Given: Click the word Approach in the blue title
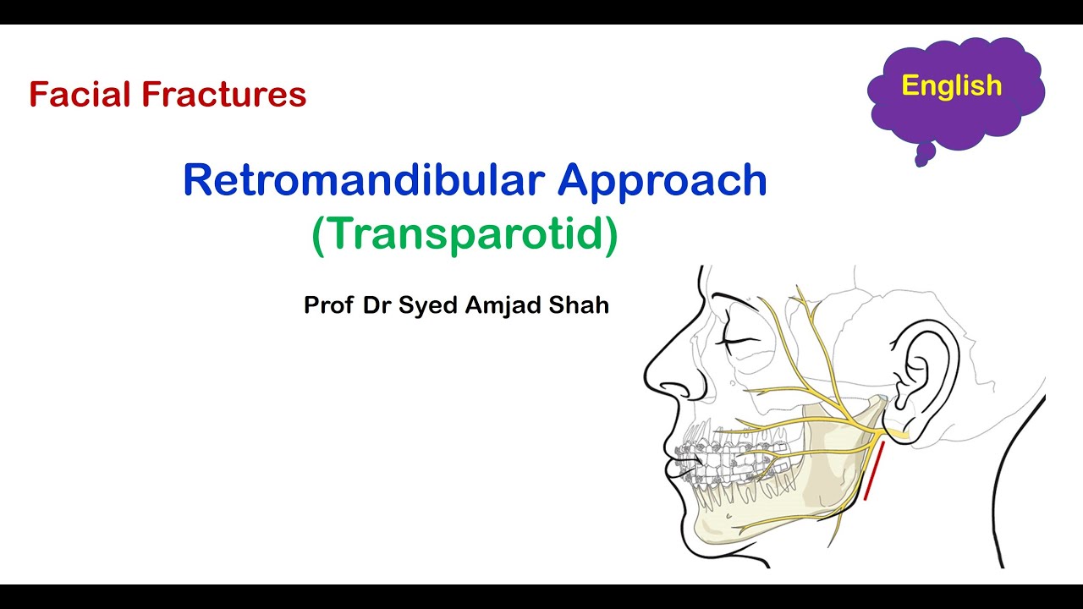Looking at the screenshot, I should coord(662,180).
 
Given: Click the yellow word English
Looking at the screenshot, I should coord(951,85).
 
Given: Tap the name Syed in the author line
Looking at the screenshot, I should coord(428,306).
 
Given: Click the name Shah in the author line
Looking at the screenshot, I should coord(581,305).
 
